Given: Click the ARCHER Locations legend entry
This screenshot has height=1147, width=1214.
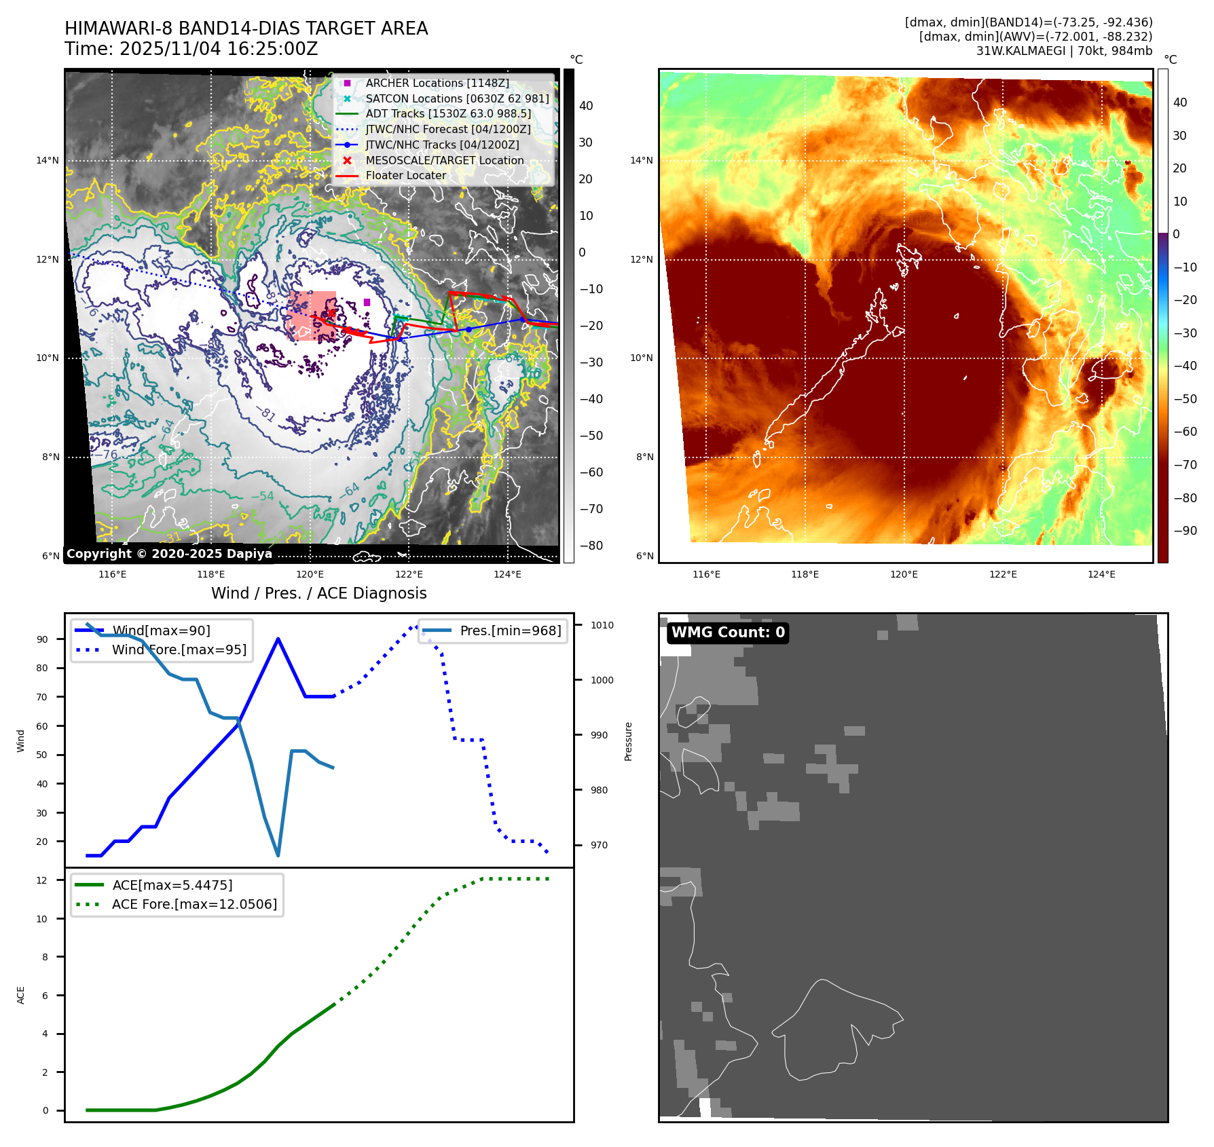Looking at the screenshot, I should [x=437, y=83].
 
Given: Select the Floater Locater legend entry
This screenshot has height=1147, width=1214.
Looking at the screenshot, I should [x=405, y=175].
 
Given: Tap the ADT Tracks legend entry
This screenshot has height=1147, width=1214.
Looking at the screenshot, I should [x=448, y=113].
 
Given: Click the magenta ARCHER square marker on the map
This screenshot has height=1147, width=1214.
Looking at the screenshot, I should [x=367, y=302].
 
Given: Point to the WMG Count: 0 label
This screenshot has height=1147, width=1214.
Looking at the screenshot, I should [x=728, y=633].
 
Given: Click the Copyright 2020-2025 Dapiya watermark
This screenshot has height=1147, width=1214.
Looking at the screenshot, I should [x=169, y=554].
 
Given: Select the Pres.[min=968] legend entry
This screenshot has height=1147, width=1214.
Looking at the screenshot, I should [x=510, y=631].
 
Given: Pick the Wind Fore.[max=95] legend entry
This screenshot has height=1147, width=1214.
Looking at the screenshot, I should [x=179, y=650].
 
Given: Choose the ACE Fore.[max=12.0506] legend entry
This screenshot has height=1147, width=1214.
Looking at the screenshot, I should [x=194, y=904].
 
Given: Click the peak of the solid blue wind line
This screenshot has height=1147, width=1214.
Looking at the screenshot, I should [x=278, y=639].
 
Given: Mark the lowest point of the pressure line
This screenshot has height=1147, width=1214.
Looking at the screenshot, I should [x=278, y=855].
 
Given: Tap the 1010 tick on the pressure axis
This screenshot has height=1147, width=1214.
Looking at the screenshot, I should [x=602, y=625].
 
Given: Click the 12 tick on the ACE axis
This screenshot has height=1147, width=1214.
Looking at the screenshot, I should [x=42, y=880].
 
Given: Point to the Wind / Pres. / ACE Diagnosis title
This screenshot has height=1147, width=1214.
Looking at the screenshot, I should [x=318, y=593].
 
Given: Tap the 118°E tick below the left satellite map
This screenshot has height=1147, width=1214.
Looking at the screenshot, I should [x=211, y=574].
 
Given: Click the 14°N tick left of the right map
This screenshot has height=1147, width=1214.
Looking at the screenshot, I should [x=642, y=161].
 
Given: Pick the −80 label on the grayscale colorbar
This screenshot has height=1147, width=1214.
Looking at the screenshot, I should [x=591, y=546].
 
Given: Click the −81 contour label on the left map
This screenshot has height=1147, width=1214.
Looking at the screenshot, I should [x=267, y=413].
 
